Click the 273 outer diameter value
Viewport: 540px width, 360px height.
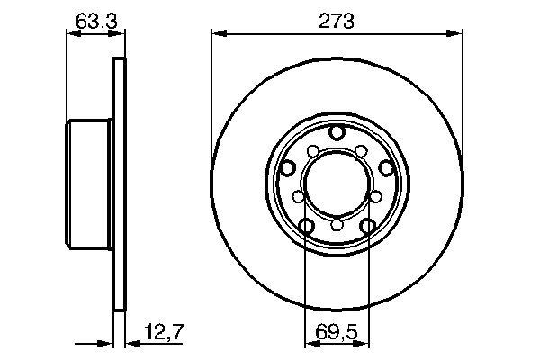coord(337,21)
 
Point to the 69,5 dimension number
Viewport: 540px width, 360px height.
coord(337,336)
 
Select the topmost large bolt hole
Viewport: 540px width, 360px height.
coord(337,132)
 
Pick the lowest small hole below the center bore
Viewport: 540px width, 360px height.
coord(337,225)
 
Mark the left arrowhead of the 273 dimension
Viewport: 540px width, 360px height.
coord(216,35)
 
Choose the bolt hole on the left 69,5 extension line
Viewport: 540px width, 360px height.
coord(306,226)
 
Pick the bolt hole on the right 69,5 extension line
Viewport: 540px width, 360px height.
coord(367,226)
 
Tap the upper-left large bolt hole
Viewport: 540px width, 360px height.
coord(289,167)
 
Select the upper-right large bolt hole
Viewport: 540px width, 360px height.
coord(385,166)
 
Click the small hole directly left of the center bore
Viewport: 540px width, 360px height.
coord(298,195)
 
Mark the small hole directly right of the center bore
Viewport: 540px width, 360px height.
coord(375,195)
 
